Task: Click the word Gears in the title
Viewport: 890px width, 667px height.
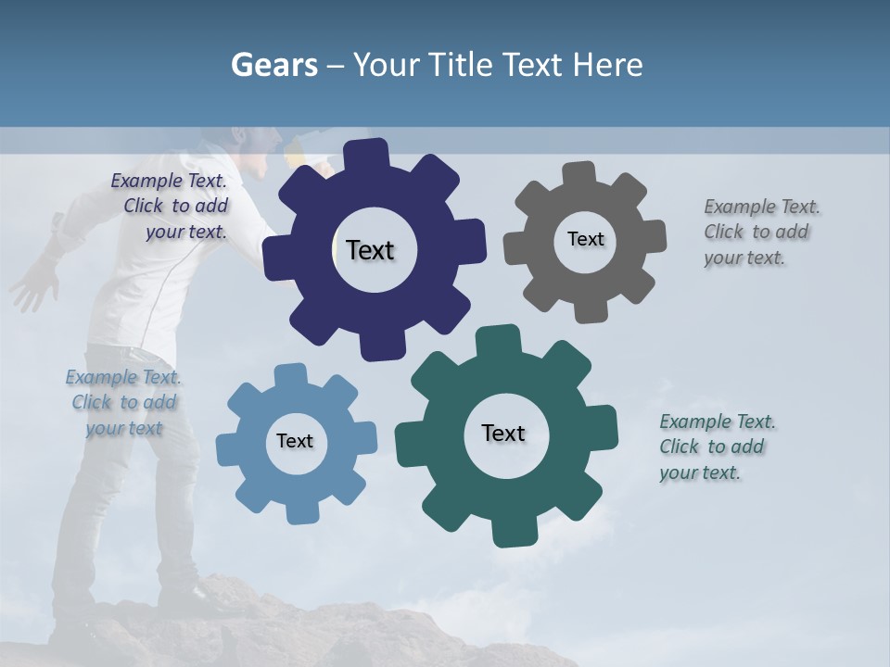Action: point(273,65)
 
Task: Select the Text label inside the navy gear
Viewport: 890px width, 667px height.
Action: point(370,250)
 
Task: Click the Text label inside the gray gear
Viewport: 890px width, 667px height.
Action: point(585,239)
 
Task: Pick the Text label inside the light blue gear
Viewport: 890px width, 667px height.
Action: point(295,442)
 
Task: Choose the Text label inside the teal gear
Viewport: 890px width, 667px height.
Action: point(503,433)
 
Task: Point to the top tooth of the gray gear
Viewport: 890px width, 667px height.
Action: point(578,175)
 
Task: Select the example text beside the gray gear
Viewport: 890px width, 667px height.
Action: point(761,232)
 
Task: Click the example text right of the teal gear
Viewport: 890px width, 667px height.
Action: point(717,447)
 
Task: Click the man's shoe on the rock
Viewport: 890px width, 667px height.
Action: point(199,593)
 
